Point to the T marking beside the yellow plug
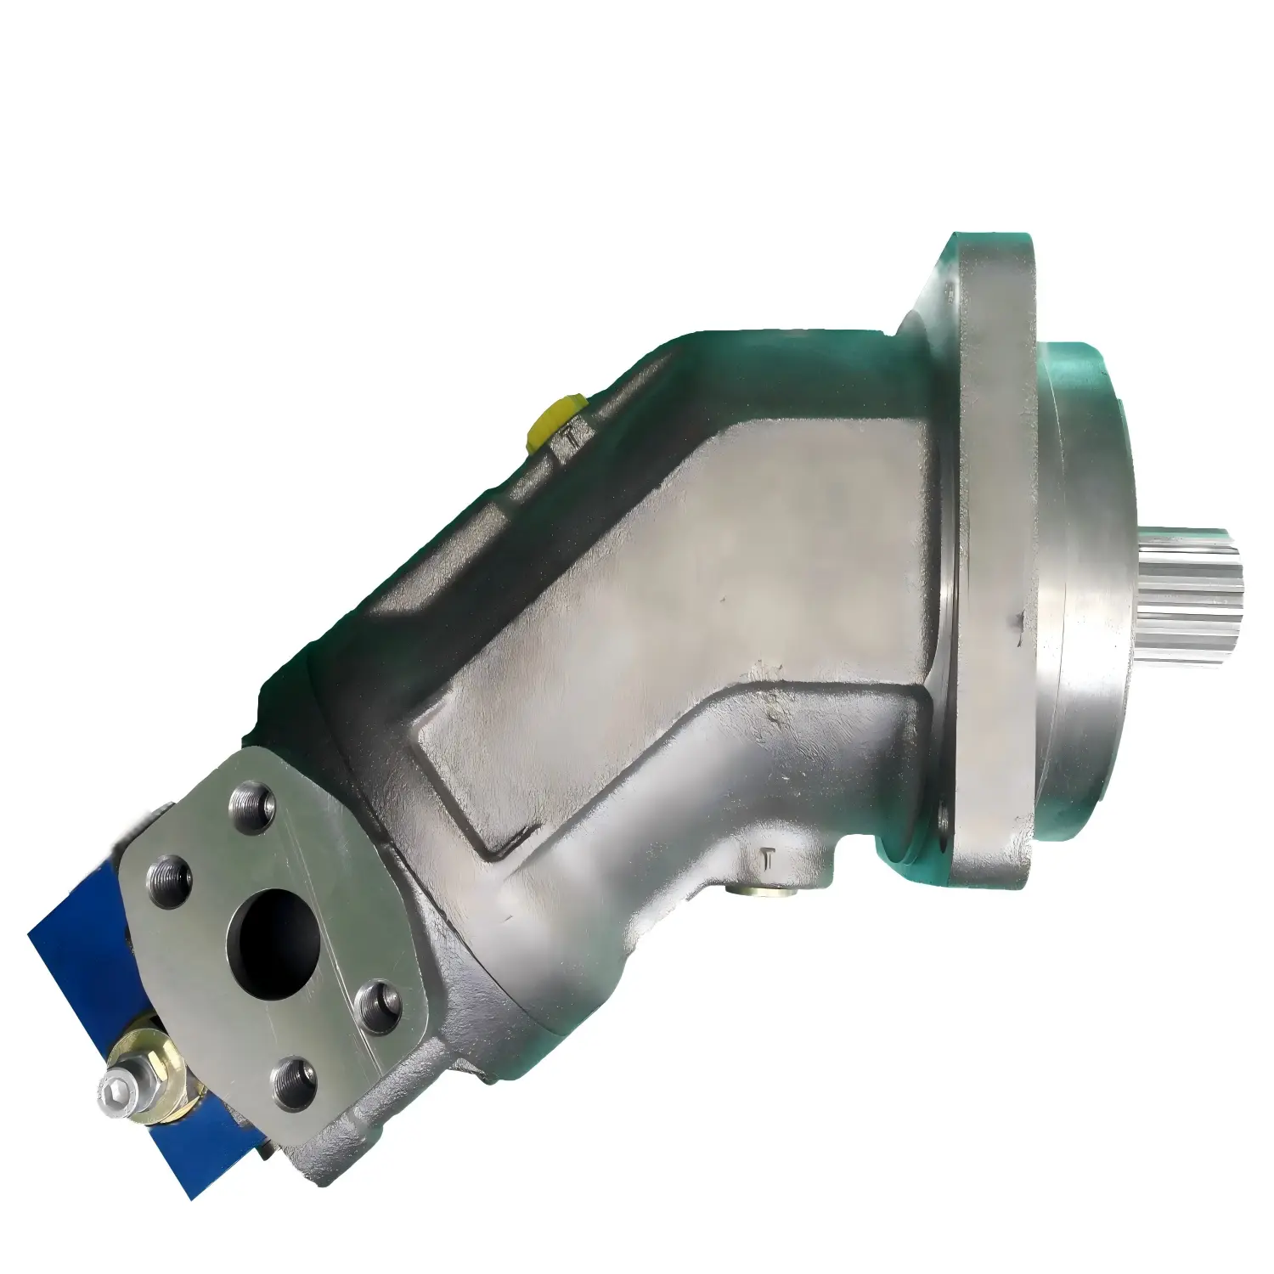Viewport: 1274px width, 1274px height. click(x=574, y=438)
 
